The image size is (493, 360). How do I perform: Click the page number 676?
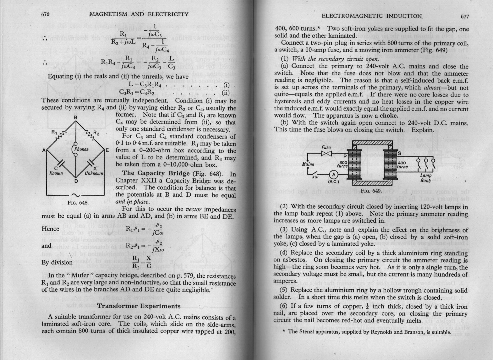click(x=46, y=14)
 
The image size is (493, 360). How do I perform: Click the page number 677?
click(x=464, y=16)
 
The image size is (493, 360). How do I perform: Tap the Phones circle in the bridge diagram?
click(x=81, y=149)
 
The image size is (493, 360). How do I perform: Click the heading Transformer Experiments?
click(x=139, y=306)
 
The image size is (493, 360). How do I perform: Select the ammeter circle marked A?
click(x=334, y=176)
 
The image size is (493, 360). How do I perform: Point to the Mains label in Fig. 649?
click(x=308, y=164)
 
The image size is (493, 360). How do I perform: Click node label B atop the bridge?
click(x=75, y=117)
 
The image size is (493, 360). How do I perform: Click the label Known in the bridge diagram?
click(x=57, y=173)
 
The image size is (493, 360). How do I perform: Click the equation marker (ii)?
click(x=226, y=93)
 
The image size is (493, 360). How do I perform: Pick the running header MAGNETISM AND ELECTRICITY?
click(x=139, y=14)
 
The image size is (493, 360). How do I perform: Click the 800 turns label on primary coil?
click(x=342, y=163)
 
